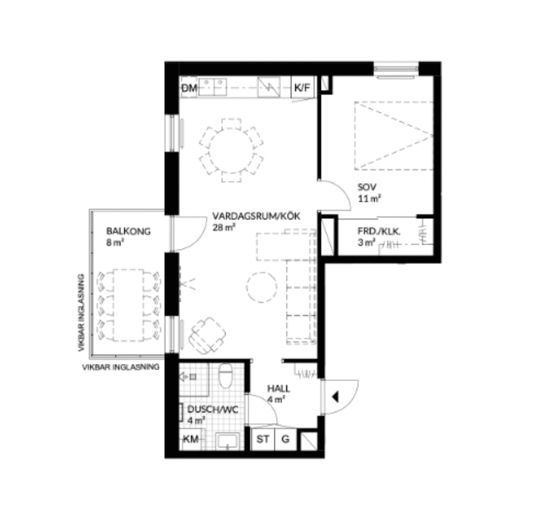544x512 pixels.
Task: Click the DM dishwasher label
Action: coord(189,88)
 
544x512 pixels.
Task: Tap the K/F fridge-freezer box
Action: coord(302,87)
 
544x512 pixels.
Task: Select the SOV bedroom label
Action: coord(367,187)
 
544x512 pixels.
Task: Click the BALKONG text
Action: coord(129,232)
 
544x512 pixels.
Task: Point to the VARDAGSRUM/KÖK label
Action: coord(257,216)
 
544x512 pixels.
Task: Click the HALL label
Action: coord(278,388)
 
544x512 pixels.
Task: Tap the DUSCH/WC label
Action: coord(212,409)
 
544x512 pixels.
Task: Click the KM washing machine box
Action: coord(191,439)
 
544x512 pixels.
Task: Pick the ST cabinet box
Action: coord(262,439)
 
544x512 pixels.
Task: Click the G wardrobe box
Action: coord(285,439)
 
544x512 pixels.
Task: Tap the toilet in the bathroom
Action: coord(225,376)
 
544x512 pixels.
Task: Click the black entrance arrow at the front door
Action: coord(335,397)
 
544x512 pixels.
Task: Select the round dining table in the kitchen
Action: coord(232,150)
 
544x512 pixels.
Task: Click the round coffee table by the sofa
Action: coord(262,287)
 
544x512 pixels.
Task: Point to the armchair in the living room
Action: coord(207,335)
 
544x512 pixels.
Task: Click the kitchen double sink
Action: coord(212,87)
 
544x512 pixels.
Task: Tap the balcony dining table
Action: coord(129,305)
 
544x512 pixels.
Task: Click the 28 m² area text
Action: coord(224,227)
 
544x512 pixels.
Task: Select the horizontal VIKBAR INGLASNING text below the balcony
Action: coord(121,366)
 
